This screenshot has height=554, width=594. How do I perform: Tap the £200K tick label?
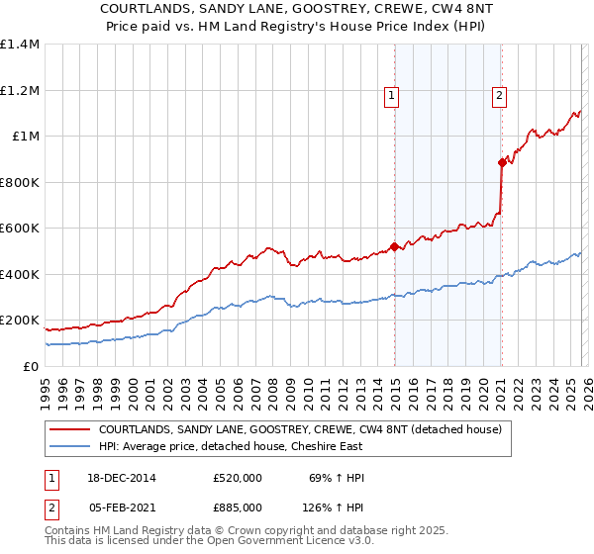pyautogui.click(x=19, y=321)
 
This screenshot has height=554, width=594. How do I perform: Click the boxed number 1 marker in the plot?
pyautogui.click(x=392, y=96)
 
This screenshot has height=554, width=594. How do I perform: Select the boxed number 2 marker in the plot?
pyautogui.click(x=499, y=96)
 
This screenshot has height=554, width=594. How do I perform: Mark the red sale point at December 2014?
pyautogui.click(x=394, y=246)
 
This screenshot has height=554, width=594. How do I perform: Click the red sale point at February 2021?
pyautogui.click(x=502, y=163)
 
